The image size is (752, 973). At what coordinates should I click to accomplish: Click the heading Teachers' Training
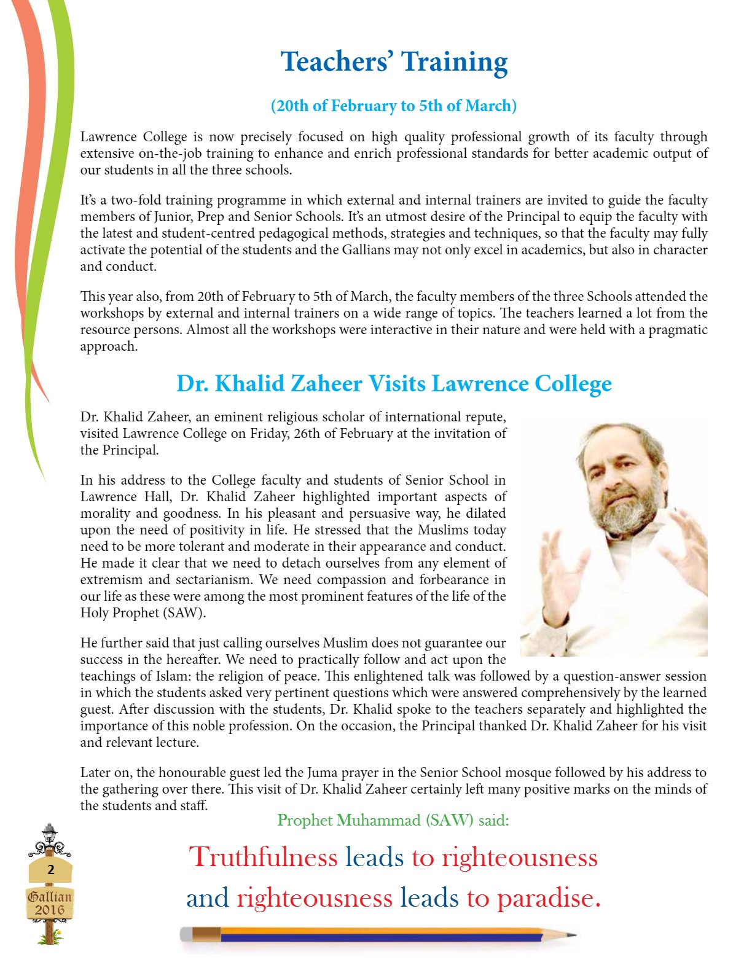[394, 62]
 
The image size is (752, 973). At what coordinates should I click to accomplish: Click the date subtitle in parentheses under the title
[394, 106]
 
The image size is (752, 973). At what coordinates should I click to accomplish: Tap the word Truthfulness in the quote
[263, 857]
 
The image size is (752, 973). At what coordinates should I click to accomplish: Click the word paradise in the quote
[547, 898]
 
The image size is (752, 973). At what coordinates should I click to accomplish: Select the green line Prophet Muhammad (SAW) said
[393, 820]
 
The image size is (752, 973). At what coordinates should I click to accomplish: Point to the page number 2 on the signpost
[50, 869]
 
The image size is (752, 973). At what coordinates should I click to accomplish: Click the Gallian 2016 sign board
[50, 903]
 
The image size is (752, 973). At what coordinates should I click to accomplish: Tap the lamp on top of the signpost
[49, 834]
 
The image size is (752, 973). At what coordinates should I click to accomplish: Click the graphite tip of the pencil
[571, 935]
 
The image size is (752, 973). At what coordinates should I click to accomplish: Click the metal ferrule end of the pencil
[187, 934]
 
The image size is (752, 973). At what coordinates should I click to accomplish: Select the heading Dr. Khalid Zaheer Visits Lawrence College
[394, 383]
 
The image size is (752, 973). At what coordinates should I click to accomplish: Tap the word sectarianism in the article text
[210, 580]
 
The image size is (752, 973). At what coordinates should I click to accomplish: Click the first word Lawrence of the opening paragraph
[108, 137]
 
